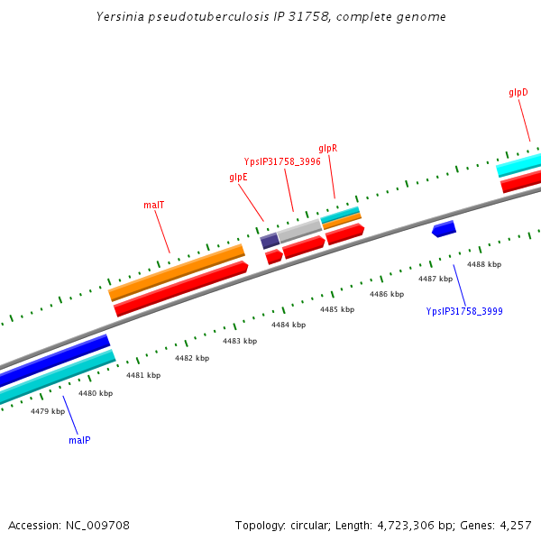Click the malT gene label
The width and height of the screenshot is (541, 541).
click(153, 205)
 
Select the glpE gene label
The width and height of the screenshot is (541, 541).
click(238, 178)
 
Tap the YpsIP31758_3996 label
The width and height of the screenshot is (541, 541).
click(282, 161)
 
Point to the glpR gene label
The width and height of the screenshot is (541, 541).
click(328, 148)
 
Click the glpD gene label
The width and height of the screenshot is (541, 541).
click(518, 93)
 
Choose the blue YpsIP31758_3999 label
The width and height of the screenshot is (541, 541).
click(464, 311)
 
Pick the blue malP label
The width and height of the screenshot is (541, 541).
click(79, 440)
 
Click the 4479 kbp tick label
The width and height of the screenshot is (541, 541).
click(48, 411)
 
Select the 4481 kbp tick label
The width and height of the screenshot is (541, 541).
click(143, 375)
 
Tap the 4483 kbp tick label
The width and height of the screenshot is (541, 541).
click(240, 341)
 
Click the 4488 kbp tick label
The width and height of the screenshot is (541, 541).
click(483, 264)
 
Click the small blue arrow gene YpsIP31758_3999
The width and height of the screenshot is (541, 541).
click(444, 229)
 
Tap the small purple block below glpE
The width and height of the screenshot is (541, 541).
click(270, 241)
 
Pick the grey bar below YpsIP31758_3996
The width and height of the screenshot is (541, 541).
click(299, 230)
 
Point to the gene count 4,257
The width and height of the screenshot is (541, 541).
click(515, 525)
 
